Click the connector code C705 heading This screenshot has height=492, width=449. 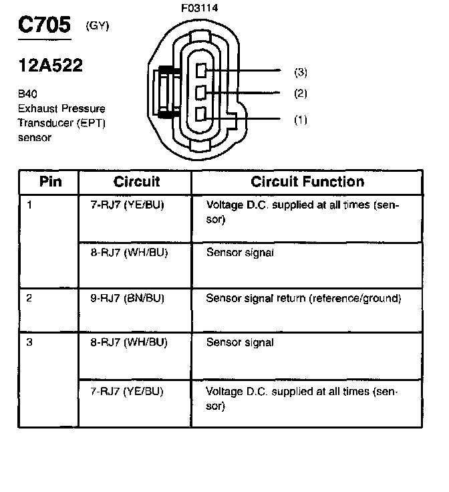(x=43, y=26)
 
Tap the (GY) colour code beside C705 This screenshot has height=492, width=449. (x=98, y=26)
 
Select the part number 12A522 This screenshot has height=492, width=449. (x=51, y=66)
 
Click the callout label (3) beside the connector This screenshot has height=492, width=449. (x=301, y=72)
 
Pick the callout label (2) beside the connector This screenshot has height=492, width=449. (x=301, y=93)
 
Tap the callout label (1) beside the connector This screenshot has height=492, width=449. (x=301, y=120)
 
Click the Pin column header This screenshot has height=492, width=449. (x=50, y=182)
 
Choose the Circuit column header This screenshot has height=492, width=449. (x=136, y=182)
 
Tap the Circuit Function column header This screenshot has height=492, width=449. (x=307, y=182)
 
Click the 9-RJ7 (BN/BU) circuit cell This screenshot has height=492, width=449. (x=127, y=298)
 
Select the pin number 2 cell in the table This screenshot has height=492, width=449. (x=29, y=298)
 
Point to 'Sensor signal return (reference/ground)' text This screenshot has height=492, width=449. (x=303, y=298)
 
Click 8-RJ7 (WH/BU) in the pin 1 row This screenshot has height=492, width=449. (x=128, y=253)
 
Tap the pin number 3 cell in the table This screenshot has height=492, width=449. (x=29, y=343)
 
